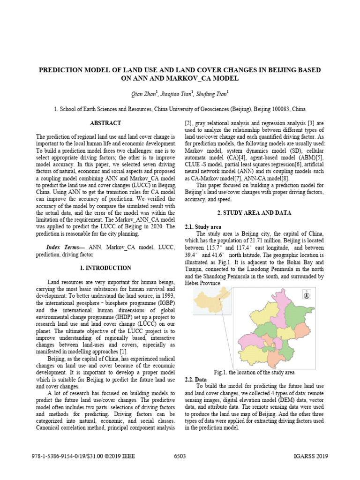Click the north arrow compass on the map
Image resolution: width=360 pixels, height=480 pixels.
[306, 295]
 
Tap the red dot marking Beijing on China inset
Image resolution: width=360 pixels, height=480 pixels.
[220, 296]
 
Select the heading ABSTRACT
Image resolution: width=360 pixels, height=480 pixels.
[105, 123]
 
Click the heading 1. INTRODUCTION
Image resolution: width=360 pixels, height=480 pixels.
[105, 268]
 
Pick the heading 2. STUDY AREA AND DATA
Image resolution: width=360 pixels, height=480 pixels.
[255, 213]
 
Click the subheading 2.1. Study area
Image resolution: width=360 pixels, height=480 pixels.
[203, 227]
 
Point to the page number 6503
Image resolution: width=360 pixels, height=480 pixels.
[180, 457]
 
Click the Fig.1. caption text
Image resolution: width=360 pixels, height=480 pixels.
[254, 372]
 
